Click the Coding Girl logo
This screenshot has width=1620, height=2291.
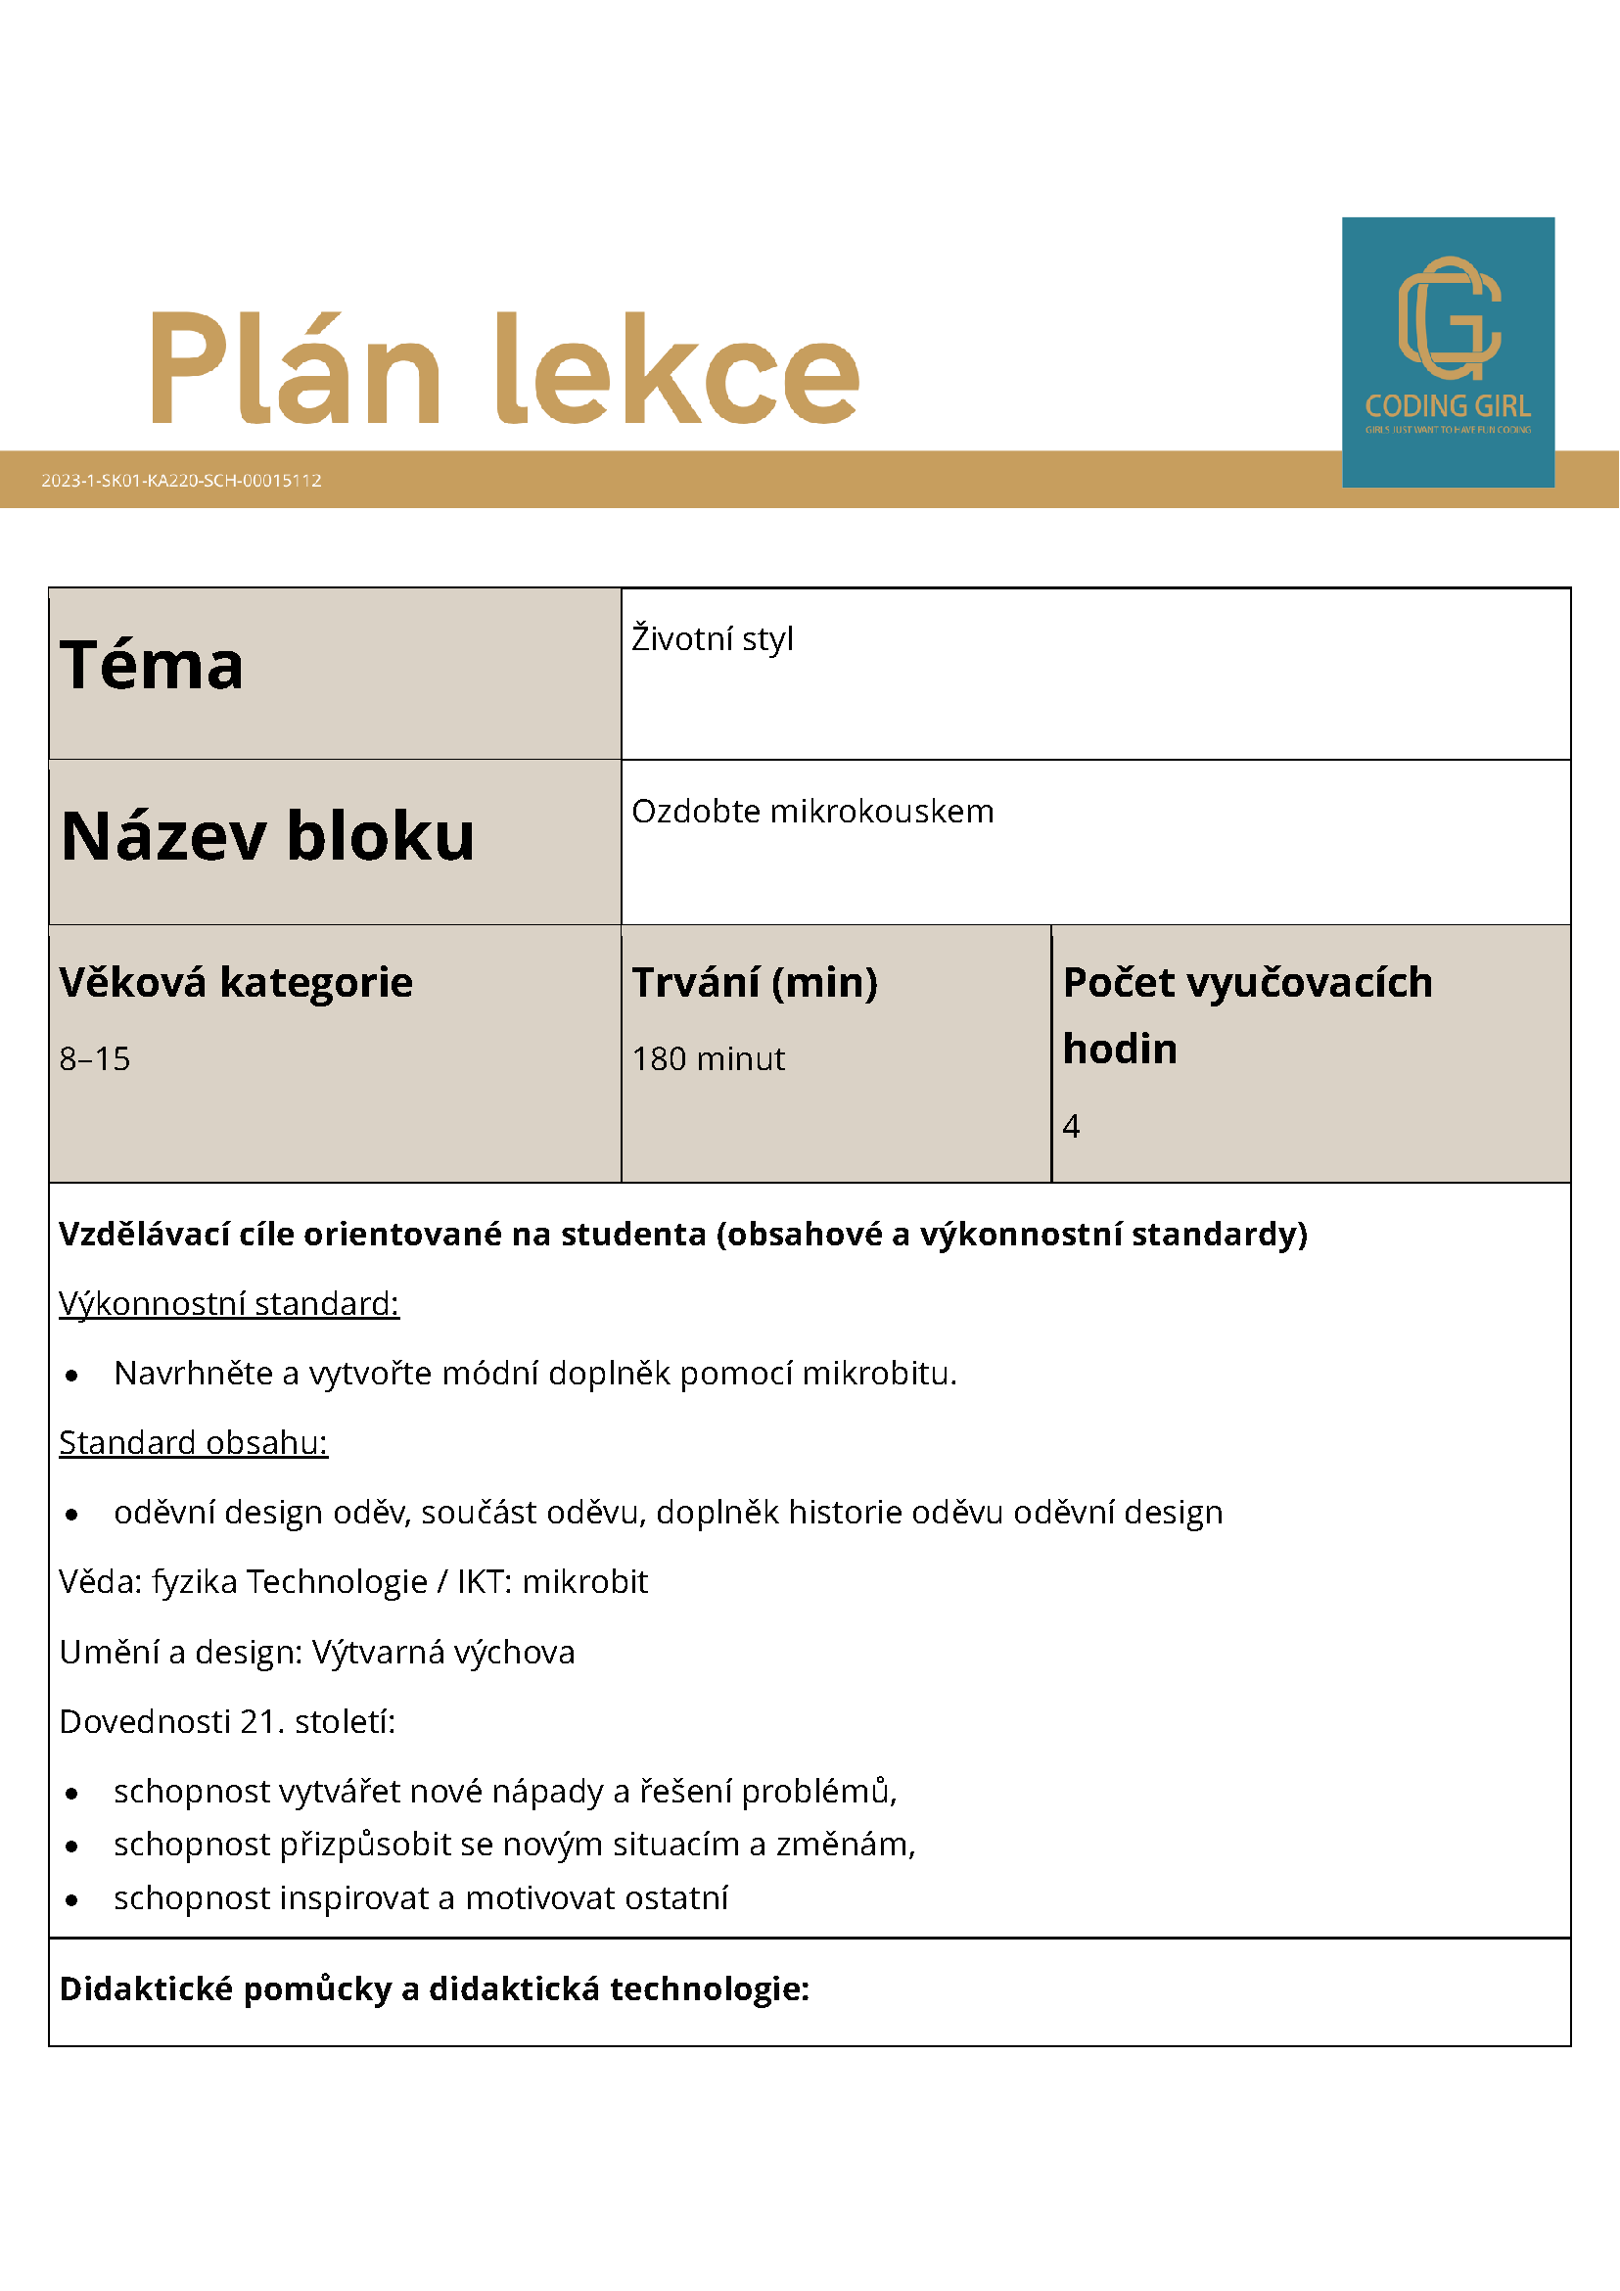1448,351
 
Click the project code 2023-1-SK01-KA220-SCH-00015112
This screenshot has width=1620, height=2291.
181,480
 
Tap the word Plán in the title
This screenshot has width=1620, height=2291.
296,369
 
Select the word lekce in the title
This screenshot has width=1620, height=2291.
677,369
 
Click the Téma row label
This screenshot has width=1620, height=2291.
152,666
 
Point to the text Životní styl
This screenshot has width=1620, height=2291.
713,638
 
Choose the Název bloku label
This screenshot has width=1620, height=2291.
267,836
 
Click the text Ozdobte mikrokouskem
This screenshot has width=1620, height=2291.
813,812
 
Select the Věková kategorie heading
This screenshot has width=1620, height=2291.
236,983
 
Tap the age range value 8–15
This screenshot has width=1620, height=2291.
95,1058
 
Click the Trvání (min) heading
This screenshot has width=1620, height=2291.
755,983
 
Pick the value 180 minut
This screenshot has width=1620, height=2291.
709,1058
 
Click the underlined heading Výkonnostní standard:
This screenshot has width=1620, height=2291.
228,1304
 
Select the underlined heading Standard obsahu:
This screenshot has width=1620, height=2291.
194,1443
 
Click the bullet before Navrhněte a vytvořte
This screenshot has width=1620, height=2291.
71,1376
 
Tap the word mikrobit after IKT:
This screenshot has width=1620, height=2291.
584,1582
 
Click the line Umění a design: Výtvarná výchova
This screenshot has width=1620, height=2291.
317,1653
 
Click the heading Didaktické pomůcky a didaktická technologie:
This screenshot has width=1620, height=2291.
434,1989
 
